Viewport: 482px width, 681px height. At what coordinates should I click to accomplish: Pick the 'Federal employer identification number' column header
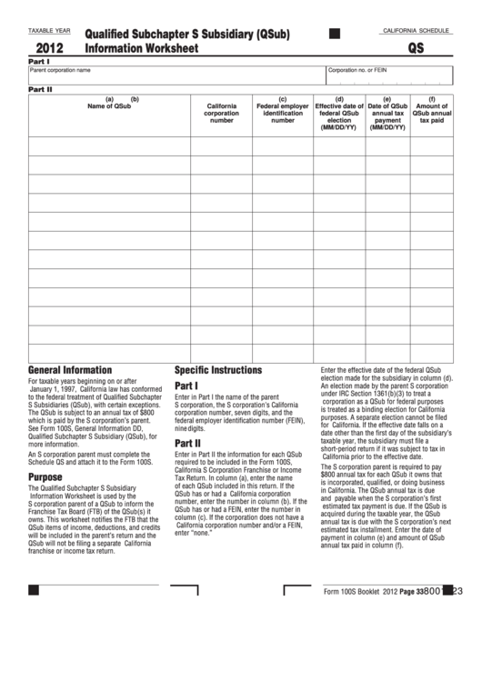282,110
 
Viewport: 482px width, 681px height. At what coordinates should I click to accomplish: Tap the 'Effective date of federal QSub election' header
339,114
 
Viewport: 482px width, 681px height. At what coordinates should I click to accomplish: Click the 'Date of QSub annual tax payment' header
387,114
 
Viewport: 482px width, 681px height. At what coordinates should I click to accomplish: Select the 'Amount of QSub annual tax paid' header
431,110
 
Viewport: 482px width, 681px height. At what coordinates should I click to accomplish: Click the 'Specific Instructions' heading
217,370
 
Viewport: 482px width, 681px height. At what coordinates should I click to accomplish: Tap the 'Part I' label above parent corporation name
38,61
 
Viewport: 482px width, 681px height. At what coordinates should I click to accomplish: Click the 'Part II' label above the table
40,90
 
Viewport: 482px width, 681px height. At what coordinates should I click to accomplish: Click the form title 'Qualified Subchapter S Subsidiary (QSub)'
186,35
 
